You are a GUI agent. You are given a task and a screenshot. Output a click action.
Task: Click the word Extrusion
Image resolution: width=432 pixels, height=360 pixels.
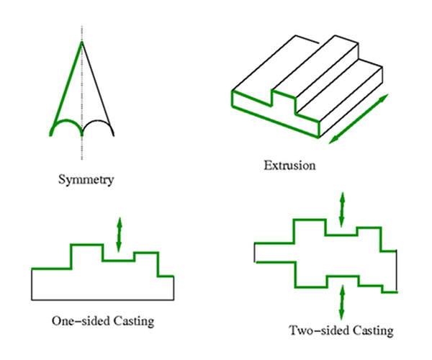pos(289,166)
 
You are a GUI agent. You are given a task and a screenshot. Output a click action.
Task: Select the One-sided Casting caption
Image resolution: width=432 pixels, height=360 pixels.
pos(103,320)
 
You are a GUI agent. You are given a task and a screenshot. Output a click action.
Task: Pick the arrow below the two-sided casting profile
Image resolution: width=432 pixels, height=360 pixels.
pos(343,302)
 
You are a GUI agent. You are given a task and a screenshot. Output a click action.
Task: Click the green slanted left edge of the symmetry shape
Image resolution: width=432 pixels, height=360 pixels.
pos(66,83)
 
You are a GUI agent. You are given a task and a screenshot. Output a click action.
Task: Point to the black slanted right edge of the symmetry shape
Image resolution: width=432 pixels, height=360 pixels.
pos(96,83)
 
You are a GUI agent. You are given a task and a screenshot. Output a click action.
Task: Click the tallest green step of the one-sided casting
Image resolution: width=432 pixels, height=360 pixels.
pos(86,246)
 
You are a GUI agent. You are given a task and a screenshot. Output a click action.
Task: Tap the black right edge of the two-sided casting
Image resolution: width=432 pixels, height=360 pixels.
pos(396,270)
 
